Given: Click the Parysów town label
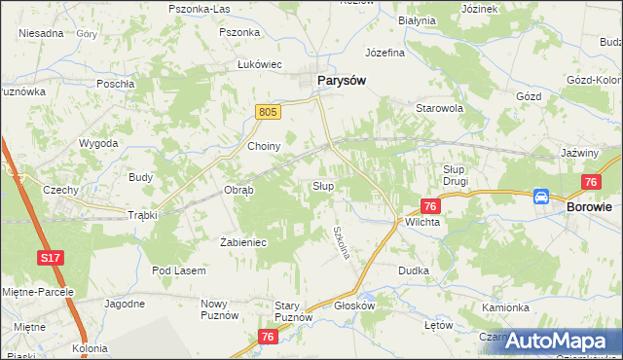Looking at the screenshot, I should click(341, 81).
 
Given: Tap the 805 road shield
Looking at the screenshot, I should click(270, 113).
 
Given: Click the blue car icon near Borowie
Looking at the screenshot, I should click(541, 197).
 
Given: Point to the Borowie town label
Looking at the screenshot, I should click(589, 207).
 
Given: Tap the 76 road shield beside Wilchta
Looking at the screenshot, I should click(431, 205).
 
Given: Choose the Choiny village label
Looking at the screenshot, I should click(264, 146).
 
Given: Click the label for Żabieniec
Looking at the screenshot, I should click(243, 241).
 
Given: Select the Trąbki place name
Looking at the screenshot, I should click(142, 215).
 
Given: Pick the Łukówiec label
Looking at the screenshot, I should click(260, 64).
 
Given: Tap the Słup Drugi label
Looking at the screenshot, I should click(450, 175).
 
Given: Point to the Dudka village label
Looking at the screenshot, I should click(413, 270).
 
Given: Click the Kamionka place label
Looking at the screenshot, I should click(505, 307).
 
